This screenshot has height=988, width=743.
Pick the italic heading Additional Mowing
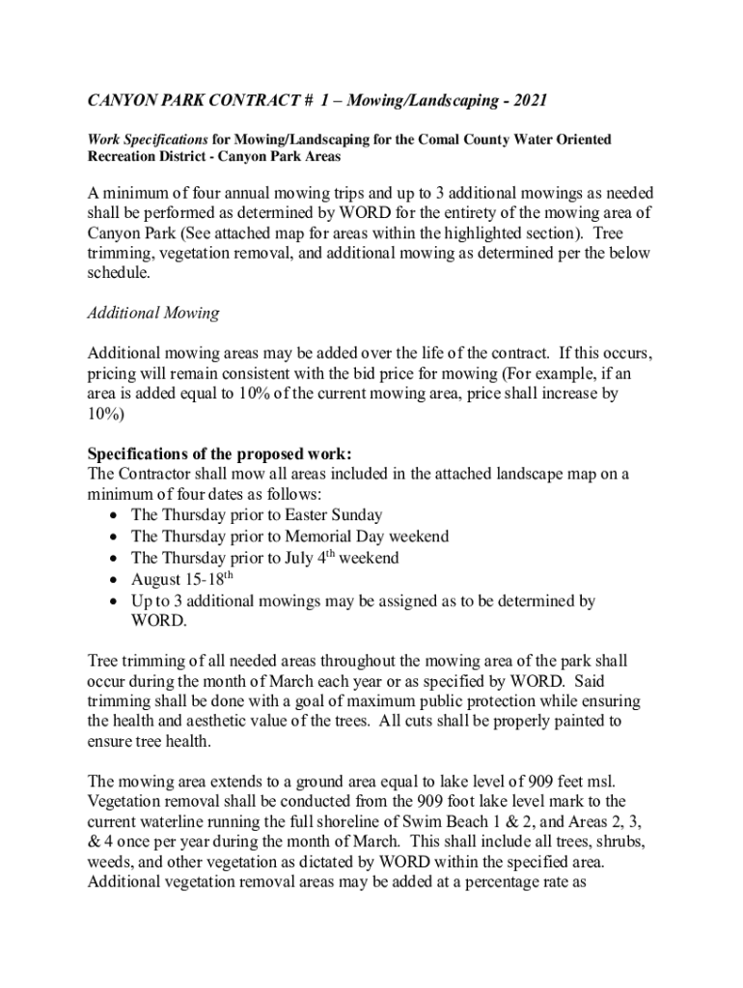[x=153, y=313]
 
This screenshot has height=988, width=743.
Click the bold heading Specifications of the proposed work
[x=220, y=453]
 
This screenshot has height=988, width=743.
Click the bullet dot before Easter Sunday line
[x=115, y=515]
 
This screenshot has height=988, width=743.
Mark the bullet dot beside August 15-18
[x=115, y=580]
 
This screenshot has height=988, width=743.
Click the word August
[x=156, y=580]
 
